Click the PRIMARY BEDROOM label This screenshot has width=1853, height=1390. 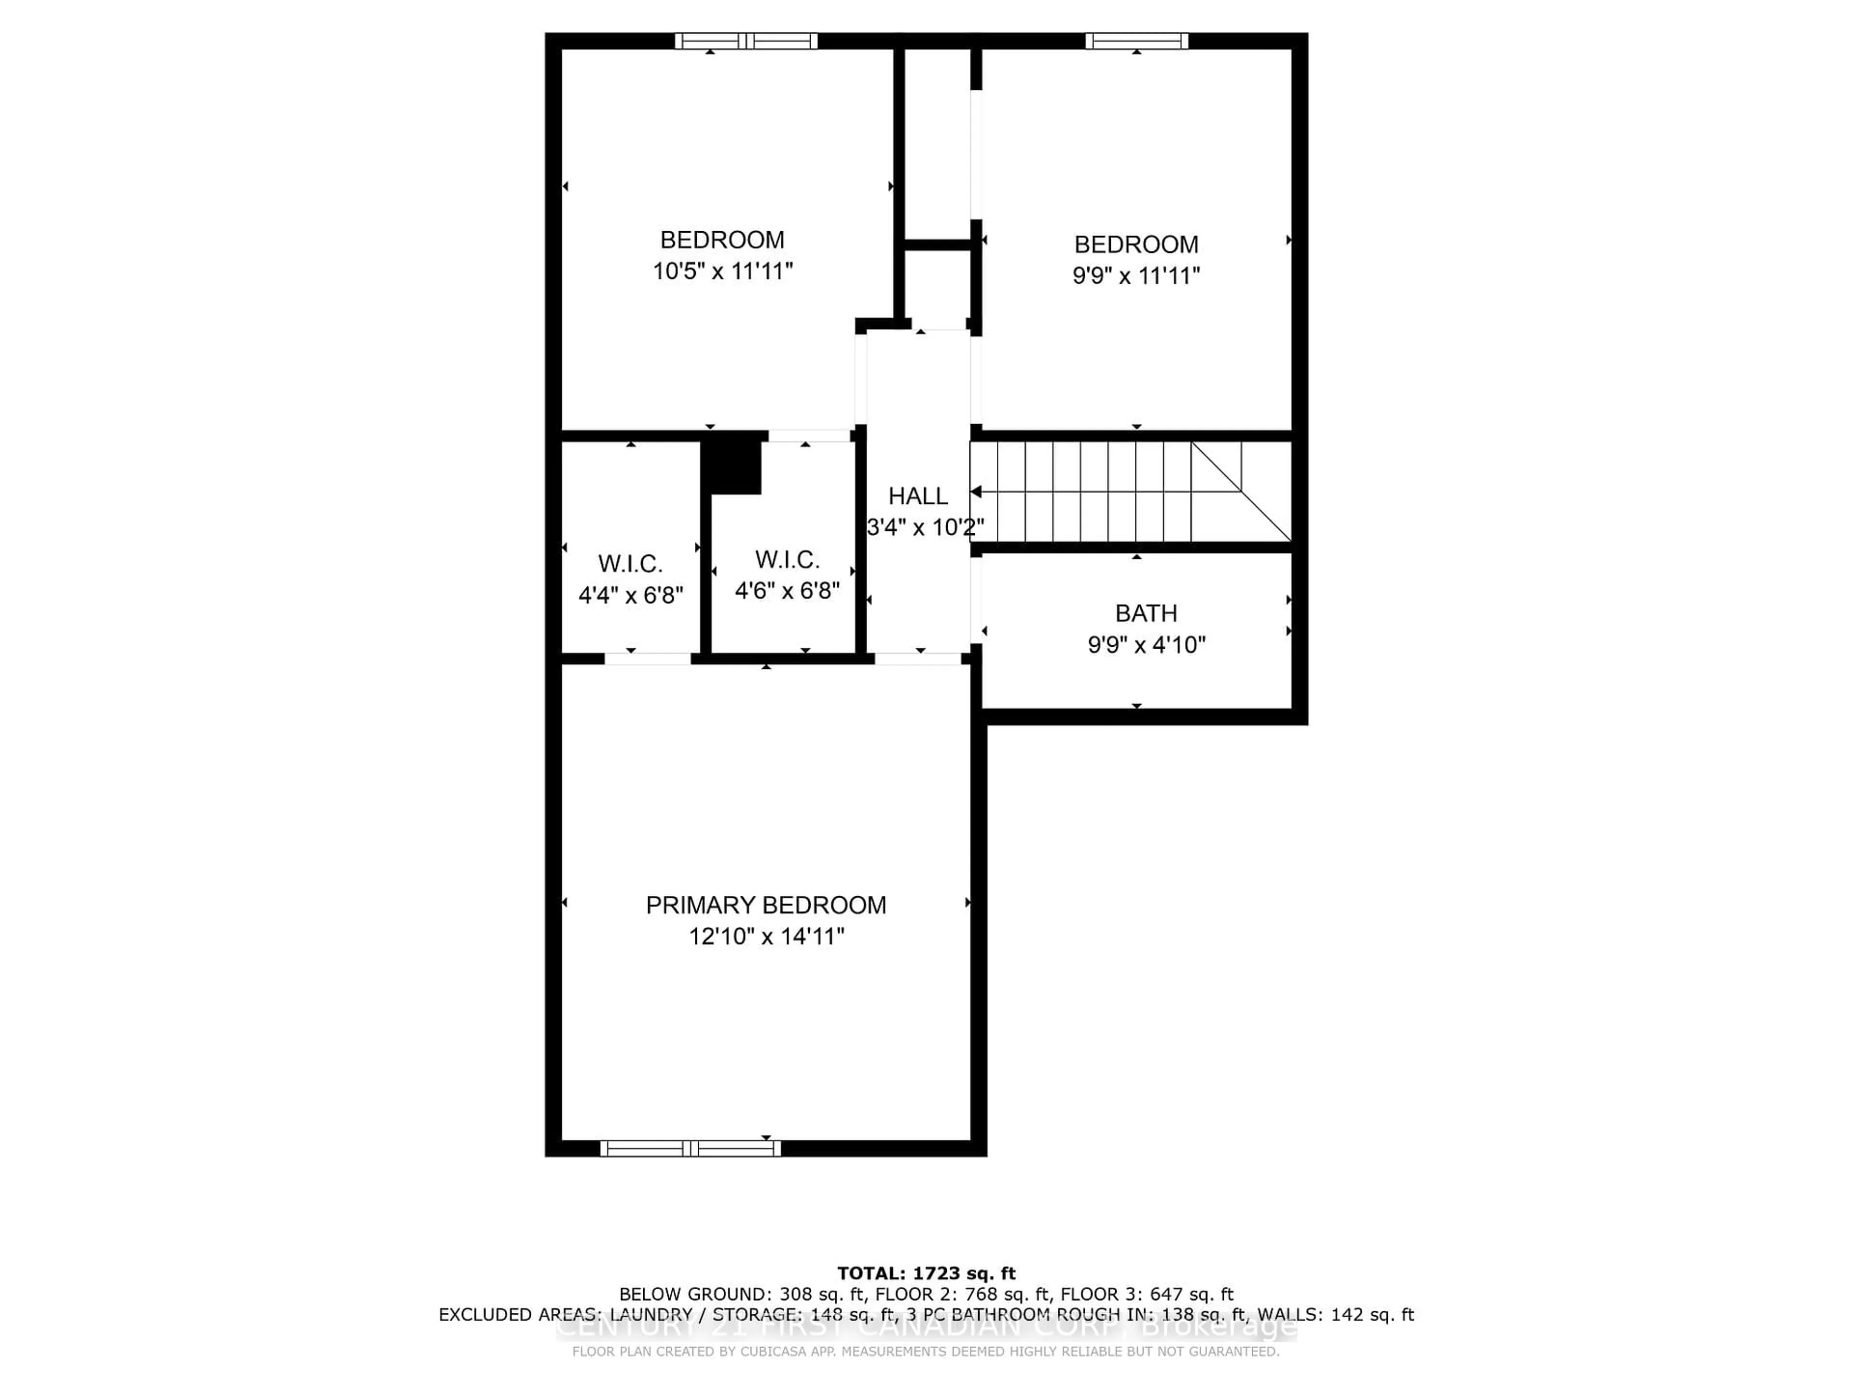click(766, 905)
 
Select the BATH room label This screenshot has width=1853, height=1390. click(1146, 613)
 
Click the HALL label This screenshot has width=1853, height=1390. click(918, 496)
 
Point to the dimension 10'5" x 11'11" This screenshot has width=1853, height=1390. click(722, 271)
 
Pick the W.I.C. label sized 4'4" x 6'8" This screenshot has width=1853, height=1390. click(630, 564)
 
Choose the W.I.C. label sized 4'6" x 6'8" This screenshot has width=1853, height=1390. click(787, 560)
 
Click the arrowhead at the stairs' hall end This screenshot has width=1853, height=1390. click(976, 492)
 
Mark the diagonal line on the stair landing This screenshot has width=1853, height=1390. click(1241, 492)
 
